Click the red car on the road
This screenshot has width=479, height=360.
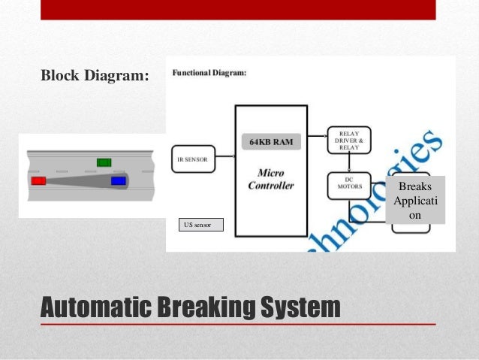click(x=38, y=181)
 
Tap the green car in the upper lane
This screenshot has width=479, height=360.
click(x=104, y=162)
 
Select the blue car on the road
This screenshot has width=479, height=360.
click(x=118, y=181)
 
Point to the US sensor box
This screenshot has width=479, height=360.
click(x=201, y=224)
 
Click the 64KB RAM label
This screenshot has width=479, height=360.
click(x=270, y=141)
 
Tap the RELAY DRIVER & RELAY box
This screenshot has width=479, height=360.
click(x=349, y=140)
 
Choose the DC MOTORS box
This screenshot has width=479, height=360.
click(x=348, y=184)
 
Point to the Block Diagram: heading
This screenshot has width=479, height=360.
click(x=95, y=76)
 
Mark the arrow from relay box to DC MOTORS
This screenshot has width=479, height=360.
click(x=348, y=164)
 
